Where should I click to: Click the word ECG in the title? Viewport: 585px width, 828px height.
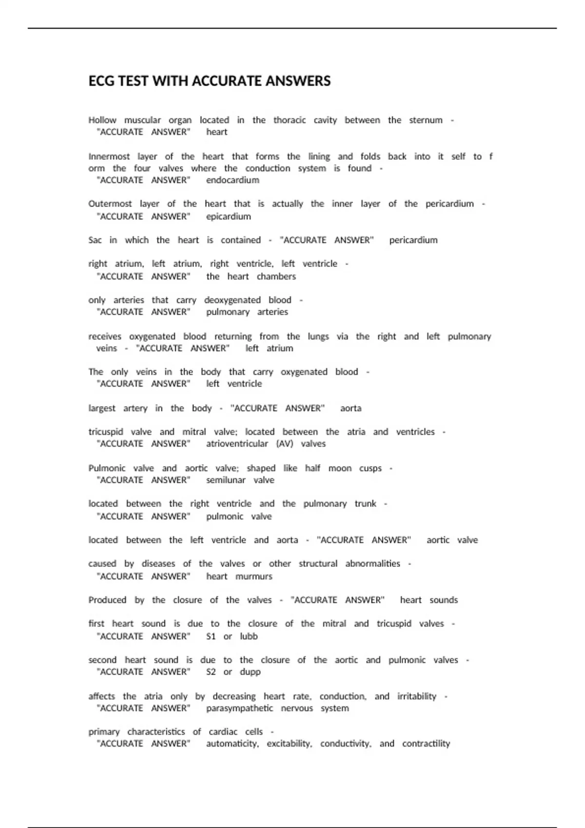coord(100,81)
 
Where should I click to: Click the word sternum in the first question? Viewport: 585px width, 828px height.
coord(426,120)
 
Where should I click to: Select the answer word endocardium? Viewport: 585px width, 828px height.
coord(233,180)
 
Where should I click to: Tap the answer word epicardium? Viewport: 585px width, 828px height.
coord(228,216)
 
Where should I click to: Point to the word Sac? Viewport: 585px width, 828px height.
coord(95,240)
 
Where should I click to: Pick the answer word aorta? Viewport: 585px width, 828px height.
coord(351,408)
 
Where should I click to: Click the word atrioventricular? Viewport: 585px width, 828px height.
coord(237,444)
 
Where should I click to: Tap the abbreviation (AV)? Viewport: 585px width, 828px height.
coord(284,444)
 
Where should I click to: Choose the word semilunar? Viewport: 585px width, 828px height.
coord(226,480)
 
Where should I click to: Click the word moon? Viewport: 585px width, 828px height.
coord(340,468)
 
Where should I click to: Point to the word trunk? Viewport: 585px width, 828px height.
coord(365,504)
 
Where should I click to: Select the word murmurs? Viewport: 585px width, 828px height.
coord(253,576)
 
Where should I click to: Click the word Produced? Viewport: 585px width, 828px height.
coord(107,600)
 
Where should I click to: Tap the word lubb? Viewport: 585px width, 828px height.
coord(249,636)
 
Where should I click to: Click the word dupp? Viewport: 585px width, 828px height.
coord(250,672)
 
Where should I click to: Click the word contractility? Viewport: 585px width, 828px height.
coord(426,744)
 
